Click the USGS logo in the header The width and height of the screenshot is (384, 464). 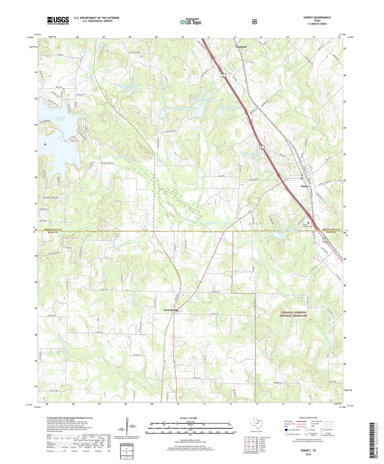point(58,20)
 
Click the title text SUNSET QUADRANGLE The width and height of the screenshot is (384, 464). point(315,17)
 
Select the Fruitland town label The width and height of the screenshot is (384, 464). point(241,47)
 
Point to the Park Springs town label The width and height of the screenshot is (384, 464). point(171,310)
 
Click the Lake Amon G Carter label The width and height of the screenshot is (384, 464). point(60,119)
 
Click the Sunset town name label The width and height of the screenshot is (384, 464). point(305,186)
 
